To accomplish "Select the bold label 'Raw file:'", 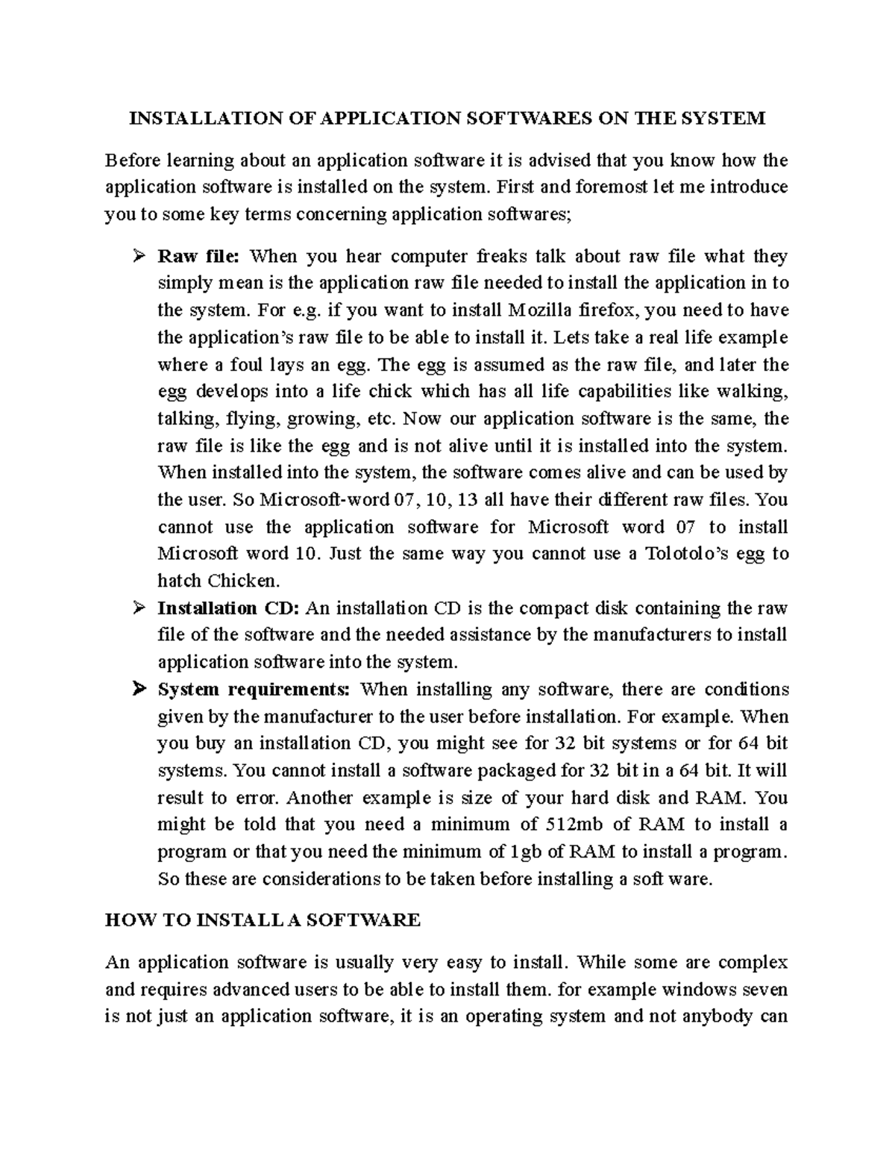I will pyautogui.click(x=198, y=257).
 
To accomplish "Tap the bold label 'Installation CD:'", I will pyautogui.click(x=228, y=608).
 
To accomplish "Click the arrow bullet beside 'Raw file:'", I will pyautogui.click(x=137, y=257).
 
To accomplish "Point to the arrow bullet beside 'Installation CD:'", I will pyautogui.click(x=137, y=609).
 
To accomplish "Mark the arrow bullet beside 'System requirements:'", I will pyautogui.click(x=137, y=690).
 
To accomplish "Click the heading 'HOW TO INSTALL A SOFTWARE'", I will pyautogui.click(x=263, y=920).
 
